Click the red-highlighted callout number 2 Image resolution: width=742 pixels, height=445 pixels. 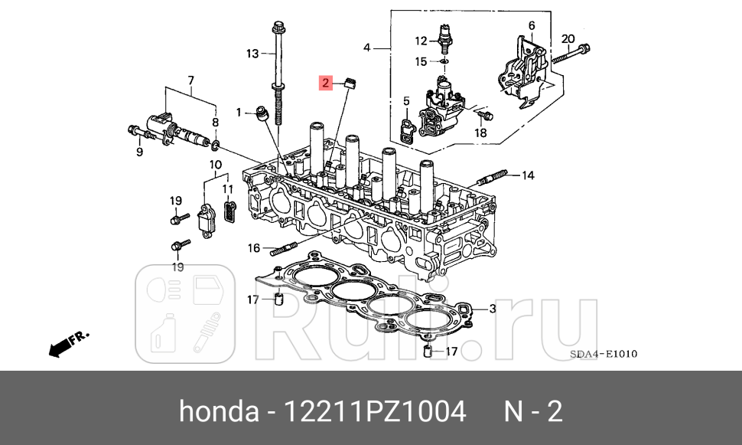tap(326, 83)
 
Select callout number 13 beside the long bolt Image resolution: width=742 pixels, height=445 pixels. tap(252, 53)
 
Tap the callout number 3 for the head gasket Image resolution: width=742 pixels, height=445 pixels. tap(493, 309)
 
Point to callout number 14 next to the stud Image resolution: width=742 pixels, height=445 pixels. tap(527, 175)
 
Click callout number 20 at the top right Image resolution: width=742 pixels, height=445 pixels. tap(567, 39)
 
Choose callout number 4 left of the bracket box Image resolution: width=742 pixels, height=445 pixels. tap(367, 47)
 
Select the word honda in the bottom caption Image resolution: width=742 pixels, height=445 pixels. tap(218, 412)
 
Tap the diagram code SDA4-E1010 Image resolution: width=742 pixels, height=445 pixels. tap(603, 354)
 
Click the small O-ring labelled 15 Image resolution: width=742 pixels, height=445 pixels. tap(444, 61)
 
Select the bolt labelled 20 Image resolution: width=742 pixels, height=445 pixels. tap(569, 54)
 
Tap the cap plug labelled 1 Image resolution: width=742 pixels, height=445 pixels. tap(264, 114)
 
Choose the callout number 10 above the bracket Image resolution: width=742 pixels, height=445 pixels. tap(215, 164)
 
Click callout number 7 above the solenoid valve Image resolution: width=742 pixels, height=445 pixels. tap(190, 80)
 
